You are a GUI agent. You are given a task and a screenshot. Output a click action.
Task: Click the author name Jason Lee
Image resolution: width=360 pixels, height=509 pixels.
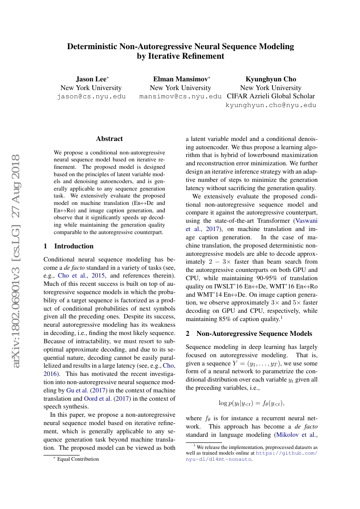[x=90, y=79]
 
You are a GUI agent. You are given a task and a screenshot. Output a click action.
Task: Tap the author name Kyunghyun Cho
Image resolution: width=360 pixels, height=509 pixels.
[x=271, y=79]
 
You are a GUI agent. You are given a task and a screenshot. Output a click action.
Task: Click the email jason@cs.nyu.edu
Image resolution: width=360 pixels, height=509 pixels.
[x=91, y=97]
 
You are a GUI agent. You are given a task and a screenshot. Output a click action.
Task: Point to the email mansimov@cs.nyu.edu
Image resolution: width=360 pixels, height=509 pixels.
[x=180, y=97]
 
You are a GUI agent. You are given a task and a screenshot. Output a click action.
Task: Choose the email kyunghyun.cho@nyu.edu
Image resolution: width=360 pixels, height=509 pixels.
[x=271, y=105]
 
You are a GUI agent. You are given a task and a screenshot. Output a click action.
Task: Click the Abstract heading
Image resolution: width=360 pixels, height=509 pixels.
[x=109, y=139]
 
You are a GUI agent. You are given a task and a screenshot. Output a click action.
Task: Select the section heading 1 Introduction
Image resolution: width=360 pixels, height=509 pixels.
[x=69, y=246]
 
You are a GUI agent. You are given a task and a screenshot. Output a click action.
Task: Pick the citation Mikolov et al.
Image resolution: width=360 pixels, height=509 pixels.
[x=297, y=435]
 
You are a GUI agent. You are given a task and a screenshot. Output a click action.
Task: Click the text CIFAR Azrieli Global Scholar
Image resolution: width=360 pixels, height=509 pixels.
[x=271, y=96]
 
